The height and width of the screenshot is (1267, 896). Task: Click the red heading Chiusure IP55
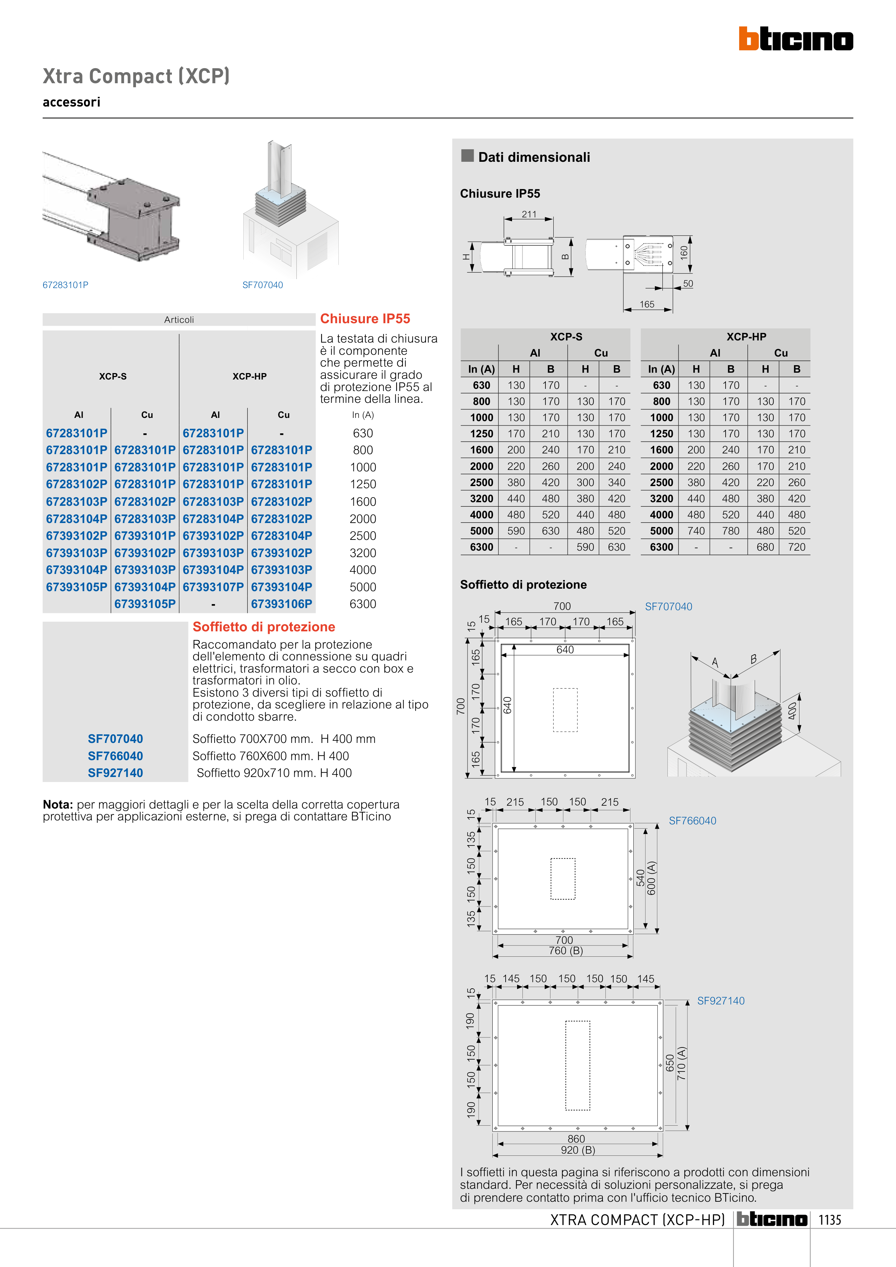click(x=365, y=319)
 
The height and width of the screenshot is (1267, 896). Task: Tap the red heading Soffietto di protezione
click(x=264, y=627)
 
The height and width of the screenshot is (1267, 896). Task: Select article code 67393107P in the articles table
click(x=213, y=587)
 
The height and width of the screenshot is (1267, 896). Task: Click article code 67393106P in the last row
click(x=282, y=604)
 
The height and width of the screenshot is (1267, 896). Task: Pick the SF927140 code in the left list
click(x=116, y=773)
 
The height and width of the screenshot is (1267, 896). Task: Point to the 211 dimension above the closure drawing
click(x=529, y=214)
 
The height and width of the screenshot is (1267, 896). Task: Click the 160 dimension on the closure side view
click(x=684, y=253)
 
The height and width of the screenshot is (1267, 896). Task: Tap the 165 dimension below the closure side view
click(x=647, y=305)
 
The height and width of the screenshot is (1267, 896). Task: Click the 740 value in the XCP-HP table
click(x=696, y=531)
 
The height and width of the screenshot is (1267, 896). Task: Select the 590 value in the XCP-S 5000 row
click(x=516, y=531)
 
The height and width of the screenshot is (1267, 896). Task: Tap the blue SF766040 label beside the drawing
click(x=692, y=820)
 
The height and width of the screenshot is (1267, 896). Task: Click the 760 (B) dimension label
click(x=566, y=951)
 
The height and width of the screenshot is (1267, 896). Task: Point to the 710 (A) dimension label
click(x=681, y=1063)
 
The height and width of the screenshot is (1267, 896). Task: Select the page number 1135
click(x=830, y=1220)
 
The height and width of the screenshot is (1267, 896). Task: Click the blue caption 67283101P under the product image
click(x=66, y=285)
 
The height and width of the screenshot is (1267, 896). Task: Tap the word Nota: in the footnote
click(x=58, y=805)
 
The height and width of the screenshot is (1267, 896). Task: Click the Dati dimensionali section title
click(x=534, y=157)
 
